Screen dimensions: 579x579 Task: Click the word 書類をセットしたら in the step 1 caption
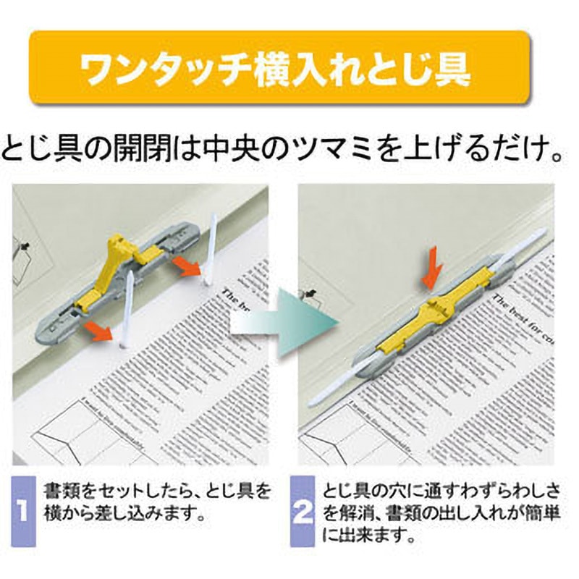(116, 492)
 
